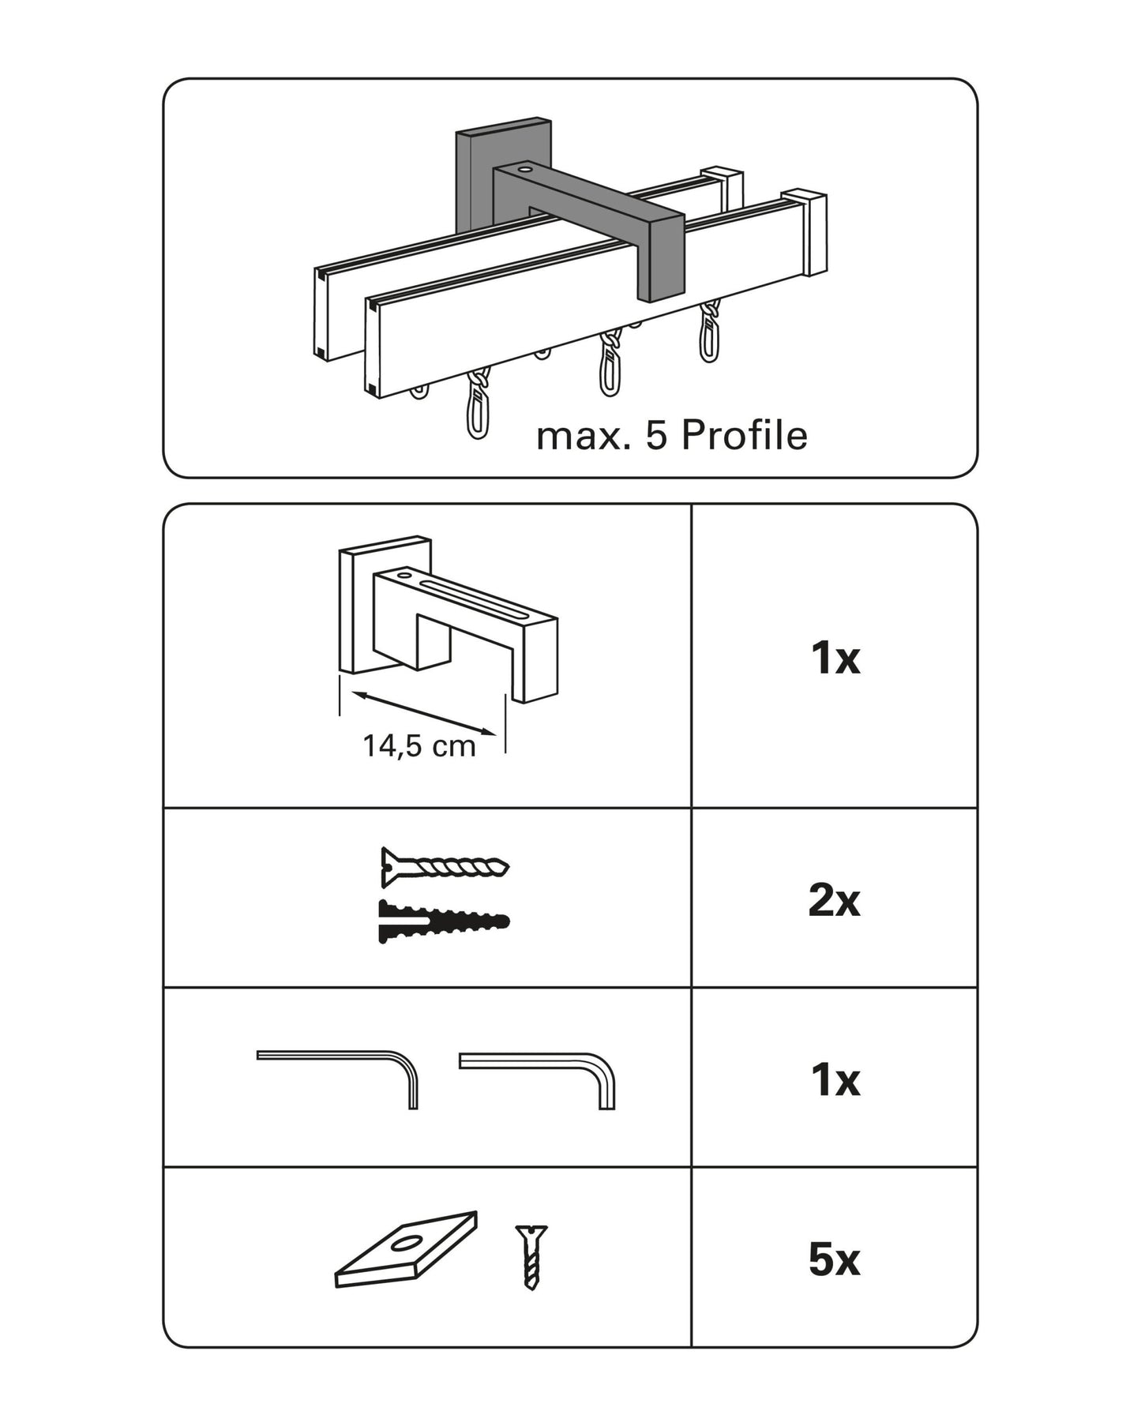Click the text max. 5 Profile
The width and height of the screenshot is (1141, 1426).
coord(671,436)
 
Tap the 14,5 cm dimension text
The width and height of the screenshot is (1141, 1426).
coord(418,745)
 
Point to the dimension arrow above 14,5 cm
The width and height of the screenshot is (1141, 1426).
coord(423,713)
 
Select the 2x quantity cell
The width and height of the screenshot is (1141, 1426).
coord(834,899)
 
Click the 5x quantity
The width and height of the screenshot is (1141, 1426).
coord(834,1259)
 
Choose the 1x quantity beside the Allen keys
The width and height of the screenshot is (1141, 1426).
coord(835,1079)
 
